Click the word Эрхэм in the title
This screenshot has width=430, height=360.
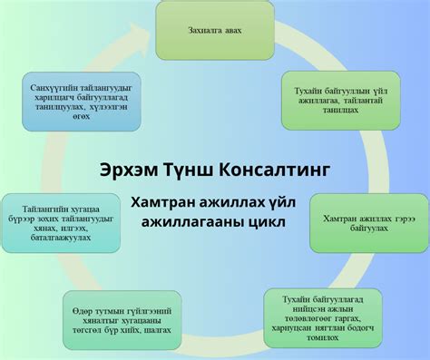[x=124, y=170]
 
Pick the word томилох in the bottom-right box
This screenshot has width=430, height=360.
[x=323, y=337]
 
